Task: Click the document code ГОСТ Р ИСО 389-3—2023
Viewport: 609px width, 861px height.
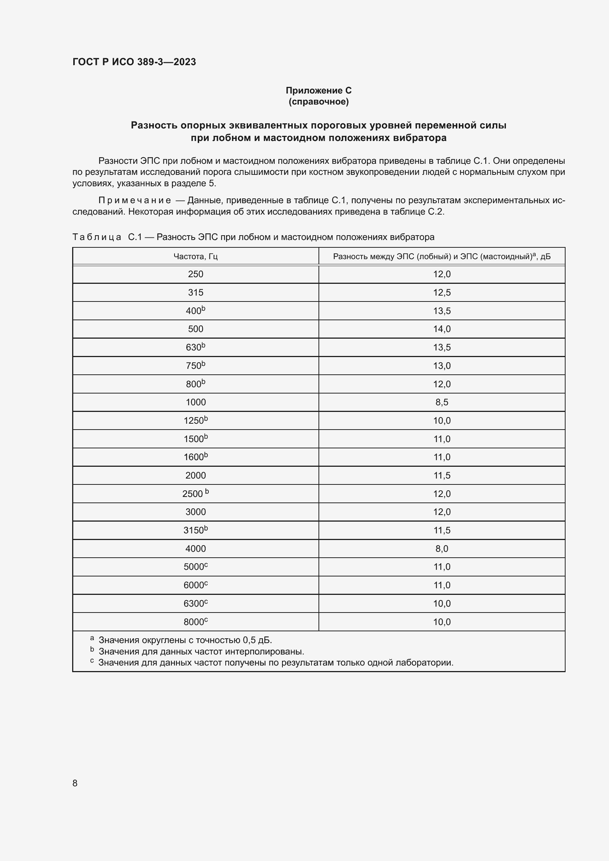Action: (134, 62)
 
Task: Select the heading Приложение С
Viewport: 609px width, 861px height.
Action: (318, 91)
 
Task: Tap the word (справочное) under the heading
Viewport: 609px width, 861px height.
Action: (318, 102)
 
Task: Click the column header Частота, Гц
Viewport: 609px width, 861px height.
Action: (196, 257)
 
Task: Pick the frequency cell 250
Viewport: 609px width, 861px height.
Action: (196, 274)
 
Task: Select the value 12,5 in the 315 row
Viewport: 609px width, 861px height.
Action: (442, 293)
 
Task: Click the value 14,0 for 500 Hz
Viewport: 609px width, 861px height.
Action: (442, 329)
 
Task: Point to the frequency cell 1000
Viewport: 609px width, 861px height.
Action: (196, 402)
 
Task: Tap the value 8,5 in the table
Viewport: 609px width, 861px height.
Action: (442, 402)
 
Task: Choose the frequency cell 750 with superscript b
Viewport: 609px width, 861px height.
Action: (196, 366)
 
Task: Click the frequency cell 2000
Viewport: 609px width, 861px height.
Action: (196, 476)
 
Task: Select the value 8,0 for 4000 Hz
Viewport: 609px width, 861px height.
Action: (442, 548)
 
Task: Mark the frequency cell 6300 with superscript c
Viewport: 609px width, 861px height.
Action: (196, 604)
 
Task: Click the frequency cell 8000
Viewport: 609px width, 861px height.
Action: (196, 622)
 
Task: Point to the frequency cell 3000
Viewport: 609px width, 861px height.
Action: (196, 512)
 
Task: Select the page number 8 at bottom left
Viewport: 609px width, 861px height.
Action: (75, 783)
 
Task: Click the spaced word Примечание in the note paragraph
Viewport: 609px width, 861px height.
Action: (134, 201)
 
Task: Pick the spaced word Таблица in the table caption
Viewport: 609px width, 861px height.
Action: (97, 237)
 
